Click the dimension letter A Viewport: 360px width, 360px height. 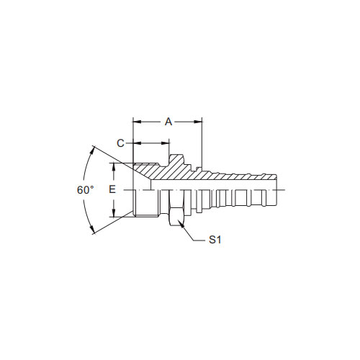pos(168,122)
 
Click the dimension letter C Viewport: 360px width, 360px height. pos(120,143)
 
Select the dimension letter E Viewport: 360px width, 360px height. pos(112,189)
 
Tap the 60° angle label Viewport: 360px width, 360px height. pos(85,190)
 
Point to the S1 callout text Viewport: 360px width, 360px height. pos(215,240)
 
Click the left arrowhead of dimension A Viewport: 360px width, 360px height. pos(137,122)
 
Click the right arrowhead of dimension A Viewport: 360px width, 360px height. pos(198,122)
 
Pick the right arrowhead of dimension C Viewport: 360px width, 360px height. pos(166,143)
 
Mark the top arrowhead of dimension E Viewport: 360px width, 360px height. pos(114,167)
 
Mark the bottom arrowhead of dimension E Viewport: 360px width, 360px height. pos(114,213)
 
